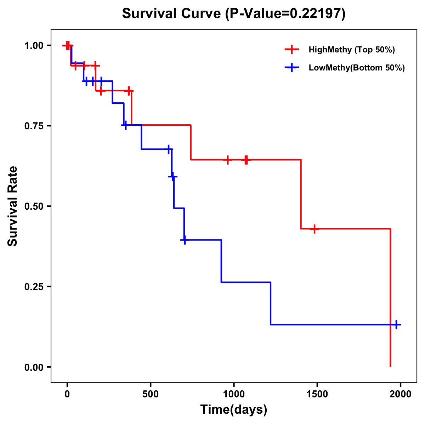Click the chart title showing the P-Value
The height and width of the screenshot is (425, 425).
(x=233, y=14)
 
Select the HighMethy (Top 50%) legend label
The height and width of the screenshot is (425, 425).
(x=351, y=50)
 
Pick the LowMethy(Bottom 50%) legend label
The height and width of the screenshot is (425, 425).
(x=357, y=68)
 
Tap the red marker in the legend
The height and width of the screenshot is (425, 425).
(x=291, y=50)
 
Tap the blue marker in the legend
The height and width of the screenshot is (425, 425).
(x=291, y=68)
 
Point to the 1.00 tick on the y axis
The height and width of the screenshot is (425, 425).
(x=34, y=46)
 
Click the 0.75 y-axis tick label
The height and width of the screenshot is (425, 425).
(x=34, y=126)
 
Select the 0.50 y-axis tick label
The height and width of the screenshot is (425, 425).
(x=34, y=206)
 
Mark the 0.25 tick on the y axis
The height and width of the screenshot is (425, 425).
(x=34, y=287)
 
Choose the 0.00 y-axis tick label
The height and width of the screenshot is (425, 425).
(x=34, y=367)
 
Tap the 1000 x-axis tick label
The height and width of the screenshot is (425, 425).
(x=234, y=395)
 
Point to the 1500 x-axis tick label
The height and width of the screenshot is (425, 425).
(x=317, y=395)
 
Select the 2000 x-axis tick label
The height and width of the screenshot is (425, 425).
(x=400, y=395)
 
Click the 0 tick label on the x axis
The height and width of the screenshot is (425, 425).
(x=67, y=395)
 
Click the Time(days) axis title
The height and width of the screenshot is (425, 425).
(x=234, y=410)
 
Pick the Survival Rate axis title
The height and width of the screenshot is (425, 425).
(x=13, y=206)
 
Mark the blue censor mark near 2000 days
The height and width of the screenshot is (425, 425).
(x=396, y=324)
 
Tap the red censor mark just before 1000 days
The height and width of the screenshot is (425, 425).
(x=228, y=160)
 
